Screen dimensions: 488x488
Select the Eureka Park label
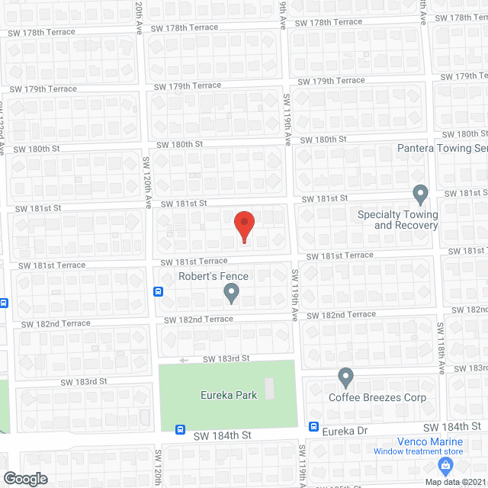click(x=228, y=395)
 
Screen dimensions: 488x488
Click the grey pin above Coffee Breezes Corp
click(x=345, y=377)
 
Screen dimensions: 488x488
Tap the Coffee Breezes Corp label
click(x=377, y=397)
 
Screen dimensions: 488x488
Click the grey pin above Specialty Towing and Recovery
click(x=419, y=194)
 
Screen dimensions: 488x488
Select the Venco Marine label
click(x=429, y=441)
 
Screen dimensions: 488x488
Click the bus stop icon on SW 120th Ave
click(x=159, y=291)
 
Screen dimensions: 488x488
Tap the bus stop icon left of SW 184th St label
click(x=181, y=429)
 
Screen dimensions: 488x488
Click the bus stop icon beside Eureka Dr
click(x=313, y=427)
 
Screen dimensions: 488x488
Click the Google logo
click(x=24, y=479)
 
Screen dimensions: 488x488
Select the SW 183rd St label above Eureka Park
click(x=226, y=358)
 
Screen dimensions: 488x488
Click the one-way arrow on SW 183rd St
click(x=183, y=361)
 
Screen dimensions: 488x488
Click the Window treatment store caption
click(x=418, y=451)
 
